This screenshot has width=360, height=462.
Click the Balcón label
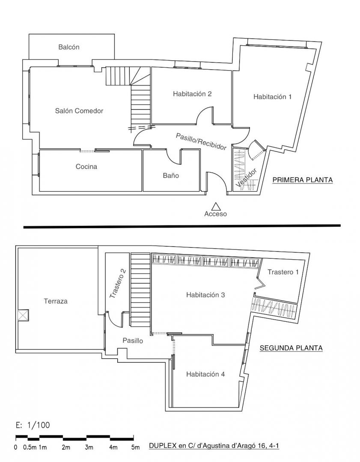pos(68,47)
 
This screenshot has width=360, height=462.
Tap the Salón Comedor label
pos(79,111)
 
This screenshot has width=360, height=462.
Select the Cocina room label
pos(86,166)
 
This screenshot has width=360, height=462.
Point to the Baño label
pos(171,176)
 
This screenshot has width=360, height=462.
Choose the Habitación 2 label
pos(192,94)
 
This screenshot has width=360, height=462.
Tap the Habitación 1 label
pos(272,97)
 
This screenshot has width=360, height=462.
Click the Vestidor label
pos(247,178)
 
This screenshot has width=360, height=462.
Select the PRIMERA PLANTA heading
pos(303,180)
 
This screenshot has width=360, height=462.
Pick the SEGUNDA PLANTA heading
pos(291,348)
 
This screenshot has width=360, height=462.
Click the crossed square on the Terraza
pos(23,315)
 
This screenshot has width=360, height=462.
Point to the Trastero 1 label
pos(283,272)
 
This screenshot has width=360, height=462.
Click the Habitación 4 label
pos(205,374)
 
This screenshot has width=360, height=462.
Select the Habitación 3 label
pos(205,295)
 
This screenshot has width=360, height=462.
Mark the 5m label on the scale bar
pos(136,447)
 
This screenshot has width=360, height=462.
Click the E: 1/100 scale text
pos(33,425)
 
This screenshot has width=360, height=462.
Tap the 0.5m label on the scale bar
pos(29,447)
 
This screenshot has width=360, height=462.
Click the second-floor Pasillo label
pos(133,341)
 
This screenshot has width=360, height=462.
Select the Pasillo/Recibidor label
pos(201,142)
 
